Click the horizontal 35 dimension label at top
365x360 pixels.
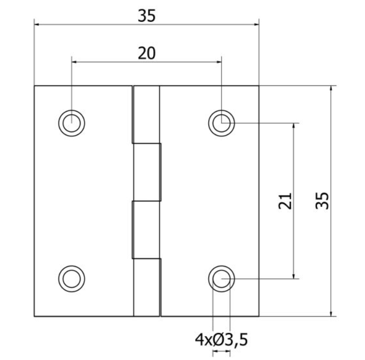point(147,16)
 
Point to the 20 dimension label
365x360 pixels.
point(147,53)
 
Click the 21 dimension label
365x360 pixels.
point(285,201)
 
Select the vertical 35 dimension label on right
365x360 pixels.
point(322,201)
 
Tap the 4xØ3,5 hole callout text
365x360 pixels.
point(221,340)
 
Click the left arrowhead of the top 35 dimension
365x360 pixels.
point(37,24)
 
